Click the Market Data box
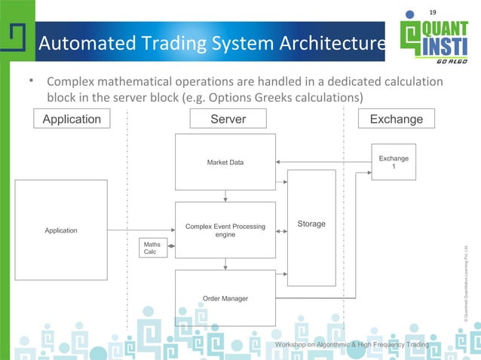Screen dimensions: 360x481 [x=225, y=162]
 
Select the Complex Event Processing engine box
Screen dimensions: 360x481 [x=225, y=230]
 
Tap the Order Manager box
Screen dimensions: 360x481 [x=225, y=298]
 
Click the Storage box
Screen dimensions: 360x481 [x=311, y=224]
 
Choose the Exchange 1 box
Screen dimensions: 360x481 [x=394, y=162]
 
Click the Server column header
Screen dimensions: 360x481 [x=228, y=119]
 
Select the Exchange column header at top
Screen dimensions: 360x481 [x=397, y=119]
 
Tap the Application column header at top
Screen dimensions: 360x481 [x=72, y=119]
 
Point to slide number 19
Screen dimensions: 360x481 [x=433, y=11]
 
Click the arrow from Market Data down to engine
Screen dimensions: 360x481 [x=225, y=196]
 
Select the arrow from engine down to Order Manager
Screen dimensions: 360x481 [x=225, y=264]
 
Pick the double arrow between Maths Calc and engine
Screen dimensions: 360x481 [x=172, y=246]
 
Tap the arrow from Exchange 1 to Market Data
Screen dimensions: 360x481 [x=324, y=162]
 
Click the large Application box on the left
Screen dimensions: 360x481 [x=61, y=230]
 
